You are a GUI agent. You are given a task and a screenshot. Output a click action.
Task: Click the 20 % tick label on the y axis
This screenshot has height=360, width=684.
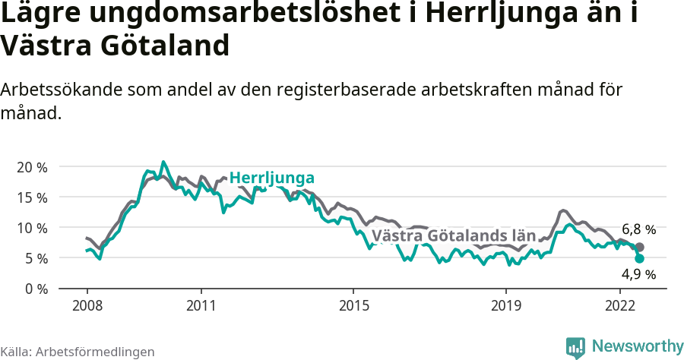tap(30, 167)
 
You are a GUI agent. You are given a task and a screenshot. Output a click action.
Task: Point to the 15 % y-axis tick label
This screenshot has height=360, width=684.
tap(30, 197)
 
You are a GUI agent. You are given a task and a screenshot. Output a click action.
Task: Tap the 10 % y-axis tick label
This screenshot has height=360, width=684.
tap(30, 228)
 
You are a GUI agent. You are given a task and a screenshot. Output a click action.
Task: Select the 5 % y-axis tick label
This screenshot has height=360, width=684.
tap(34, 258)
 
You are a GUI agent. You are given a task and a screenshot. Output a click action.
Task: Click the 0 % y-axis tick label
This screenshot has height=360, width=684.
tap(34, 289)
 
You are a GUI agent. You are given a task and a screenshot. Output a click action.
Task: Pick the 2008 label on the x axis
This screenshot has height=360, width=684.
tap(87, 305)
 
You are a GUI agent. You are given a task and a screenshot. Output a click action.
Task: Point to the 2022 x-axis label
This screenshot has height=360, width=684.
tap(620, 305)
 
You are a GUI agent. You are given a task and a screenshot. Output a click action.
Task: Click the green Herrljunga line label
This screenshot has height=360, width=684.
tap(272, 178)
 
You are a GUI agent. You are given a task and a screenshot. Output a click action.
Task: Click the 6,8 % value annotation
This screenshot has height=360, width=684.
tap(638, 229)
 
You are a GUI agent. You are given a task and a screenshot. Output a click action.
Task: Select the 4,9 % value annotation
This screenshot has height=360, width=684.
tap(638, 274)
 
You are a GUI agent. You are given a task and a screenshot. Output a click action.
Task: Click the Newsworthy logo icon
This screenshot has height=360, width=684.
tap(575, 347)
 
